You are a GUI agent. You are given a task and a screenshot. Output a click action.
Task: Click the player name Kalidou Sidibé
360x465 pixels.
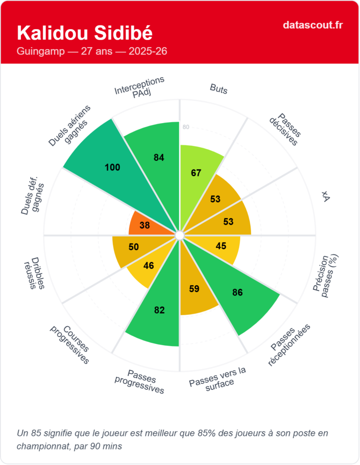tap(84, 33)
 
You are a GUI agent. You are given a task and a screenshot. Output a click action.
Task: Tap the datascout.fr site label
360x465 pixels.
tap(312, 25)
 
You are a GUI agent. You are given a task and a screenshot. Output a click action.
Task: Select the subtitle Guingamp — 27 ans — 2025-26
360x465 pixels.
tap(92, 51)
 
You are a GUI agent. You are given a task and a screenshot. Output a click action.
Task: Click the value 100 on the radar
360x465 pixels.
tap(112, 167)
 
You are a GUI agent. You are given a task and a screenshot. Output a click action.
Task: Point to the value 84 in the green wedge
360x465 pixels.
tap(158, 158)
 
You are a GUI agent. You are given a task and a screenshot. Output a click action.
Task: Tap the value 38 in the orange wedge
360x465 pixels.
tap(145, 225)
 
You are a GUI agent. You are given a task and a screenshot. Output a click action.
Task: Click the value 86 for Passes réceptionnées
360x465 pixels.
tap(237, 292)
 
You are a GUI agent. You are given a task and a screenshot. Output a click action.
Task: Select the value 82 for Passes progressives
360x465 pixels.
tap(159, 310)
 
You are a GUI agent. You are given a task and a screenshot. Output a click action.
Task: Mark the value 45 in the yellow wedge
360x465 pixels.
tap(221, 246)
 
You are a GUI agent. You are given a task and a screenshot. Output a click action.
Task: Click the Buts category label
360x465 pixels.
tap(219, 89)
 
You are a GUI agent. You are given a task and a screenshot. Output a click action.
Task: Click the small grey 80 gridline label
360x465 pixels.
tap(186, 127)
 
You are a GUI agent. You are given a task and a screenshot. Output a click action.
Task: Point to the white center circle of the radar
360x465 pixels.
tap(180, 235)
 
